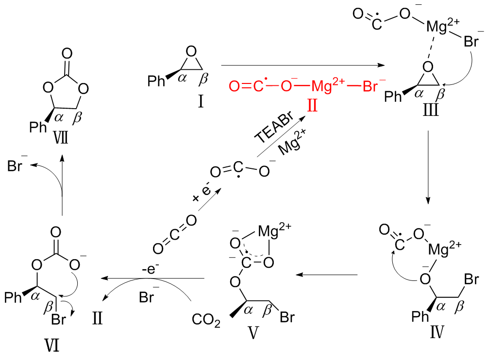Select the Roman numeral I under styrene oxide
pyautogui.click(x=200, y=102)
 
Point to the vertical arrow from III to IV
pyautogui.click(x=428, y=167)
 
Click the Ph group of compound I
pyautogui.click(x=156, y=81)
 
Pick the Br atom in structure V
pyautogui.click(x=287, y=318)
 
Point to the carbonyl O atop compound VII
pyautogui.click(x=67, y=52)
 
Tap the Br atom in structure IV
pyautogui.click(x=470, y=279)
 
